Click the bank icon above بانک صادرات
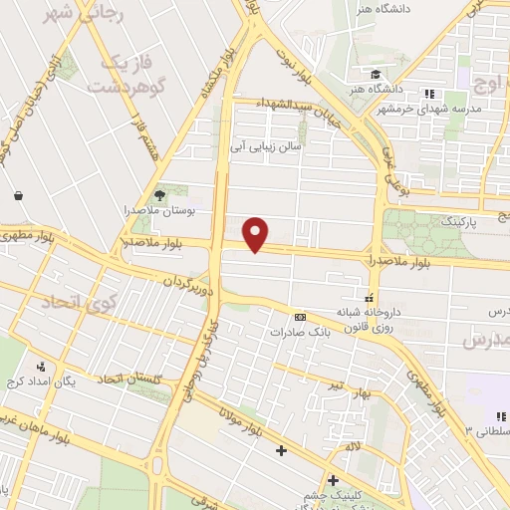300,316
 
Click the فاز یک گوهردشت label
126,74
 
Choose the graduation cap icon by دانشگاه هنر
376,75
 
